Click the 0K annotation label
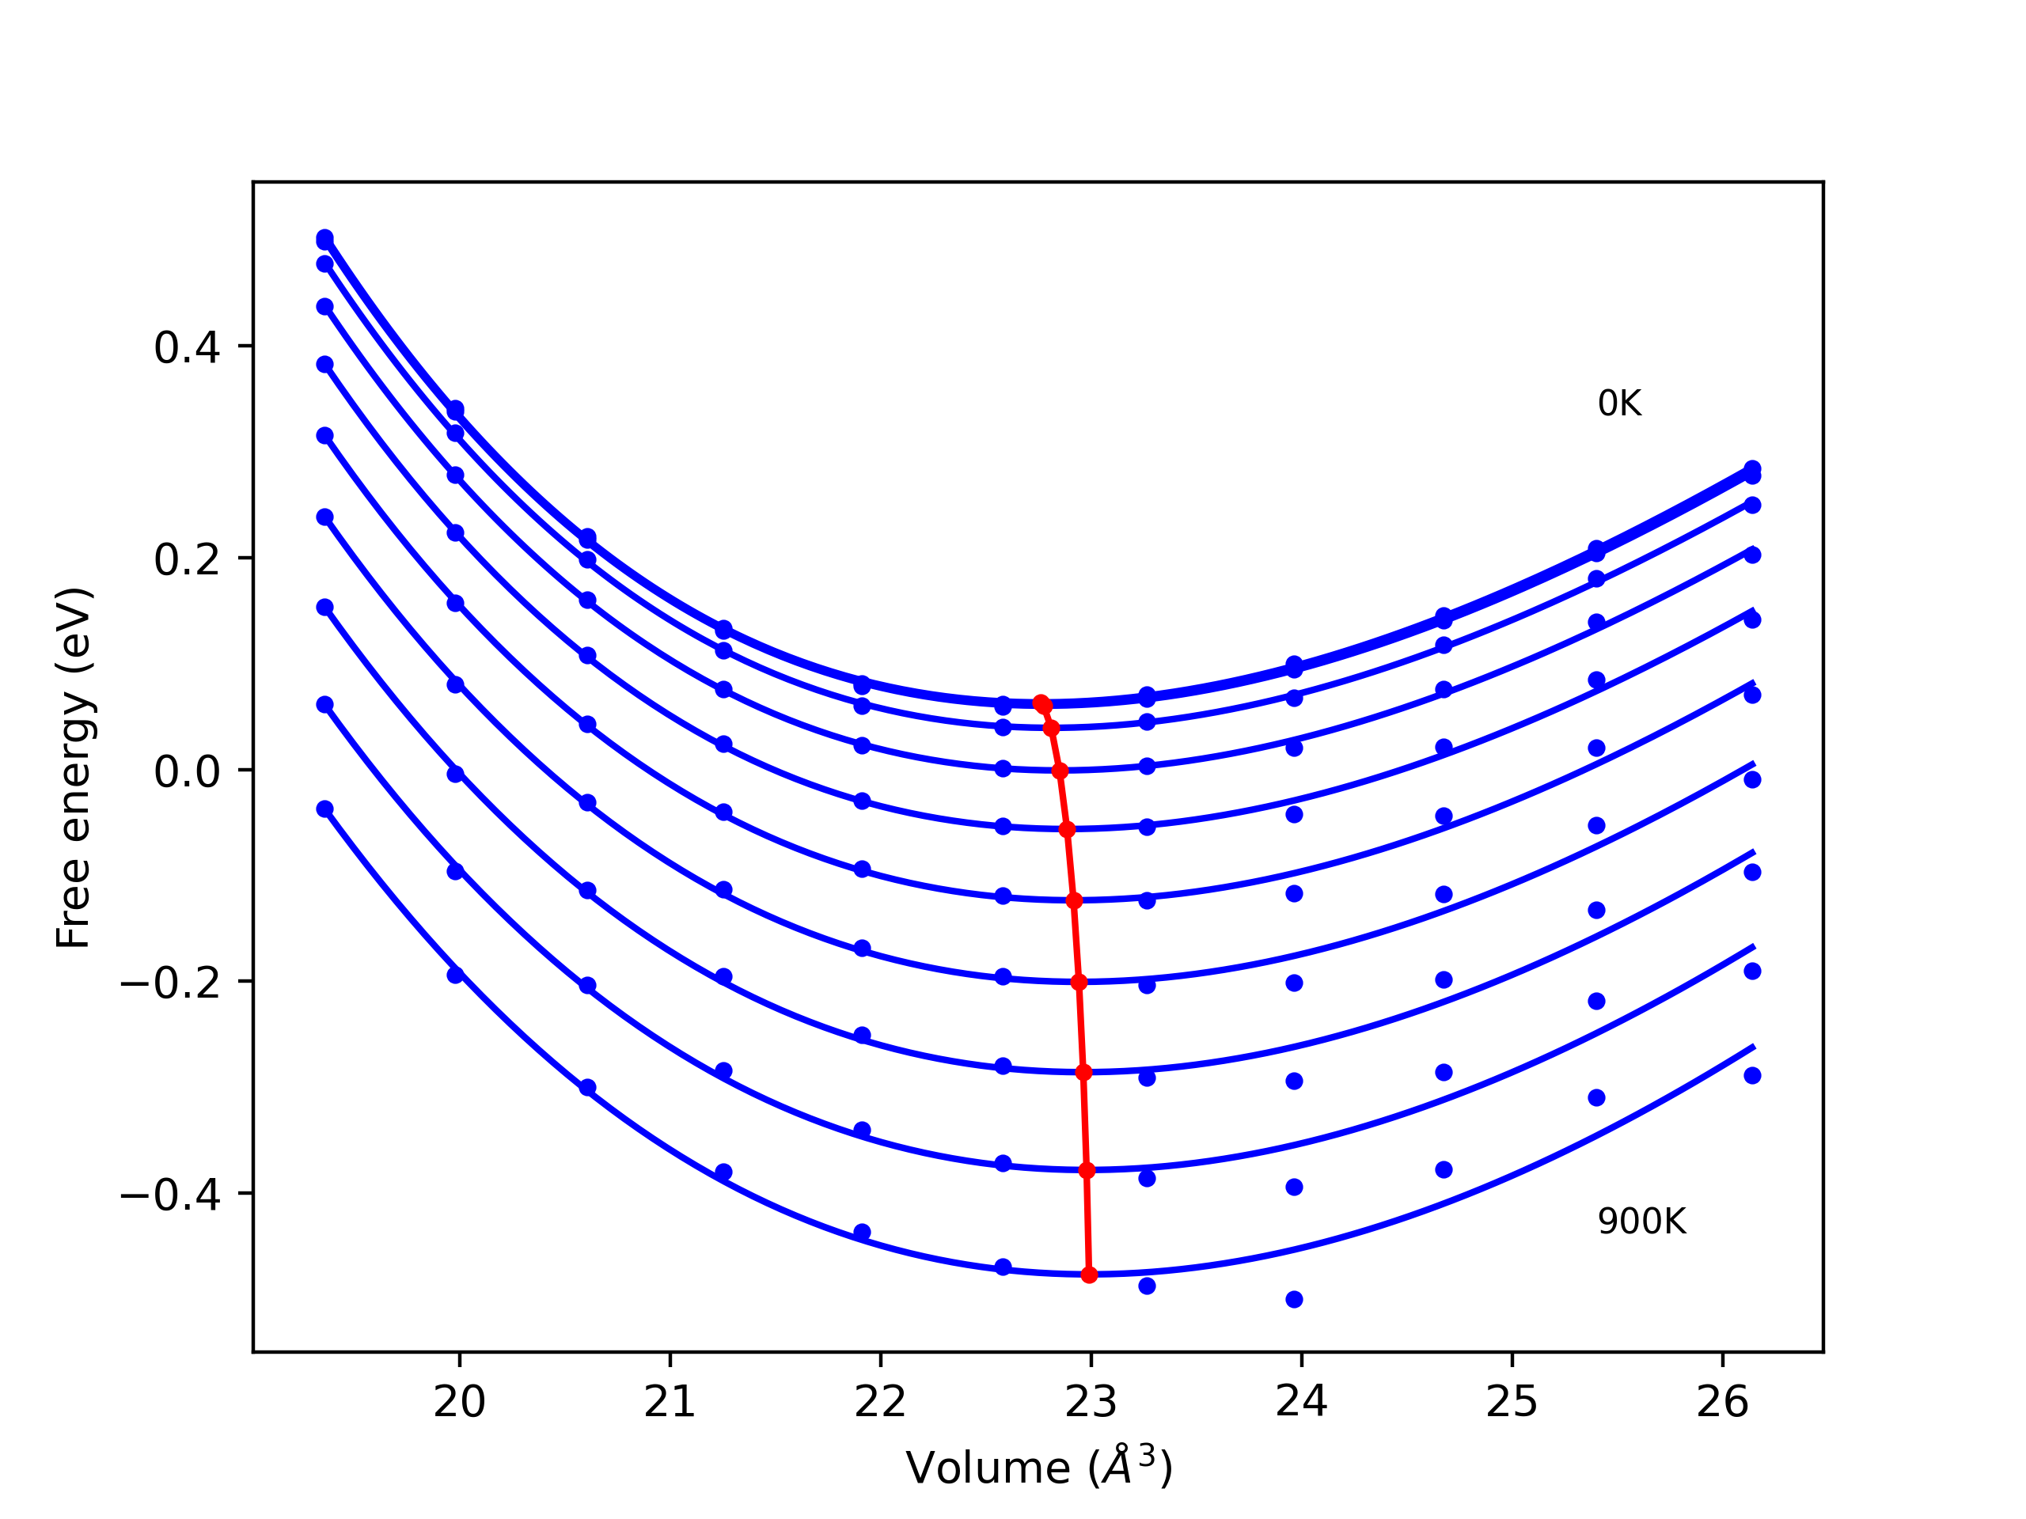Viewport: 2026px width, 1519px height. click(1619, 403)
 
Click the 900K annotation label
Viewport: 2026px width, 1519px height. click(1641, 1222)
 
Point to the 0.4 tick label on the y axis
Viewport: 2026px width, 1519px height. click(187, 348)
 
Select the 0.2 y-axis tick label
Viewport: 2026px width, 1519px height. click(187, 560)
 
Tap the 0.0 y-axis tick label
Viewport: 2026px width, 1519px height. click(187, 772)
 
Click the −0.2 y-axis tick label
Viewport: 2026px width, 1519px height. click(170, 983)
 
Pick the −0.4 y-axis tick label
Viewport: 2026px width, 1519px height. click(170, 1195)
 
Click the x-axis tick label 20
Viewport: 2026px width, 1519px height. click(459, 1403)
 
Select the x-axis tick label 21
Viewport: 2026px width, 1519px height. click(670, 1403)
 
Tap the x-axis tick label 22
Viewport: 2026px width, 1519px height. click(880, 1403)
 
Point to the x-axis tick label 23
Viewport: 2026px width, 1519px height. click(1091, 1403)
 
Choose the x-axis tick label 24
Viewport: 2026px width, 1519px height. click(1302, 1403)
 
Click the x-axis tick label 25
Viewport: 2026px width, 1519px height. click(1512, 1403)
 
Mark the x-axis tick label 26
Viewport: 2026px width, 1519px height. click(1722, 1403)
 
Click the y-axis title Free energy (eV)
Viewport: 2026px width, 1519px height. click(74, 767)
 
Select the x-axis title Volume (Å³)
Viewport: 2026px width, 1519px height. click(1038, 1468)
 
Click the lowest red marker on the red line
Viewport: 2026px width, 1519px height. click(1089, 1275)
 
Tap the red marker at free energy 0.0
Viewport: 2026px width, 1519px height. click(1060, 771)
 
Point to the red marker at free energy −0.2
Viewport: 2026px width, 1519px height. click(1079, 983)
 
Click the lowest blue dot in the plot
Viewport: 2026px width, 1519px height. click(1294, 1299)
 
